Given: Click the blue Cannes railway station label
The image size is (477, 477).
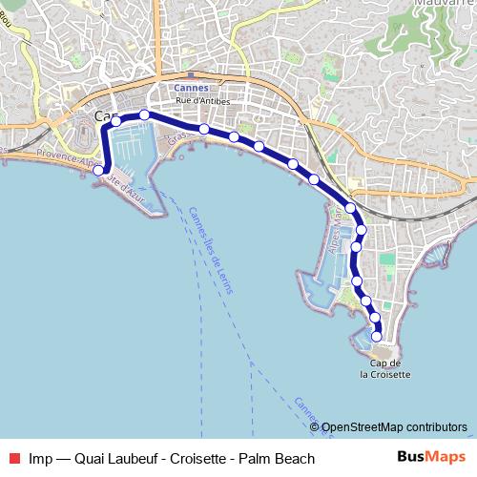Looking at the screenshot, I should coord(194,88).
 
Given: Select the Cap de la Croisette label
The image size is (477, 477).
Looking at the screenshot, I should coord(385,369).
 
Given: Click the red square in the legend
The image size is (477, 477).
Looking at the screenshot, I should coord(16,459).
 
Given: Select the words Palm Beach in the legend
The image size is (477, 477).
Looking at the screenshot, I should coord(281,459).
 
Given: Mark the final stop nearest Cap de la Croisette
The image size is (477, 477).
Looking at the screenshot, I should coord(378,336).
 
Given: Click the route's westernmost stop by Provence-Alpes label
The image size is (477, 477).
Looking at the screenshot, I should coord(98,170).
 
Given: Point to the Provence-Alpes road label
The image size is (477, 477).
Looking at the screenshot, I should coord(67,159).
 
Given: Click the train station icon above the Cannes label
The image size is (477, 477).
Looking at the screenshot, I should coord(192,75).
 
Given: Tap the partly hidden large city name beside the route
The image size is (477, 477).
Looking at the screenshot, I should coord(105,116).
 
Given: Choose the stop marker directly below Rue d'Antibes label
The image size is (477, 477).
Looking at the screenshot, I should coord(204,128).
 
